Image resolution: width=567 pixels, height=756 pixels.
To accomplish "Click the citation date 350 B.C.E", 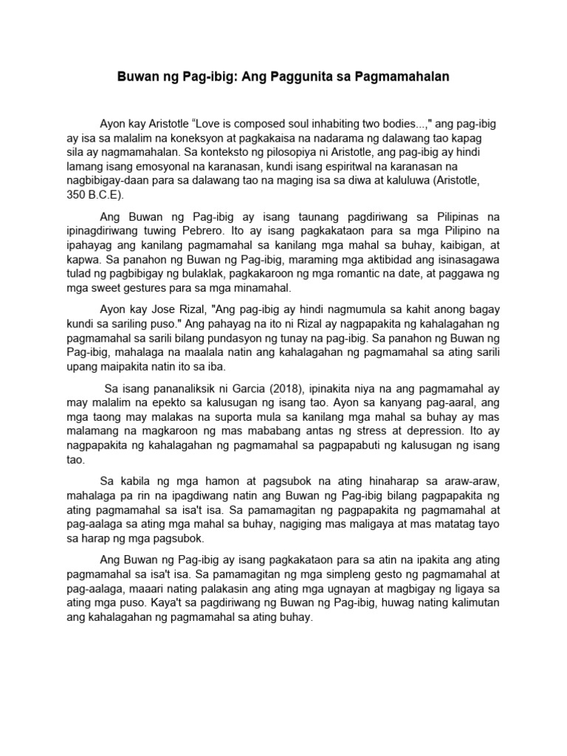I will pyautogui.click(x=94, y=195).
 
